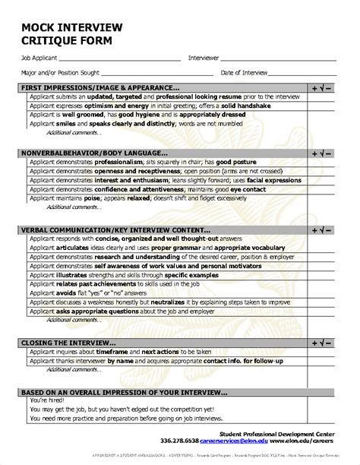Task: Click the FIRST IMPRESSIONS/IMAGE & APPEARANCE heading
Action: pos(101,88)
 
